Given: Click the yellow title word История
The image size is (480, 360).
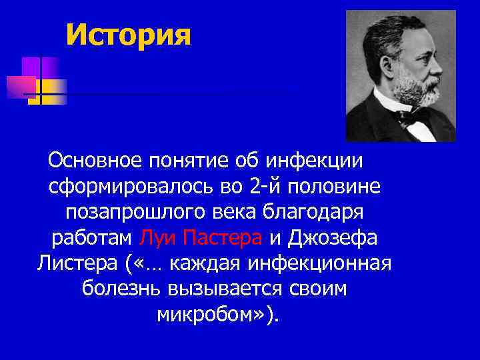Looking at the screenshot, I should (129, 34).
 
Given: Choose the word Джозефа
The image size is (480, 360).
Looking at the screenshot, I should (338, 237).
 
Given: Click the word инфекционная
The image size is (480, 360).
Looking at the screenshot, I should (319, 263).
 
